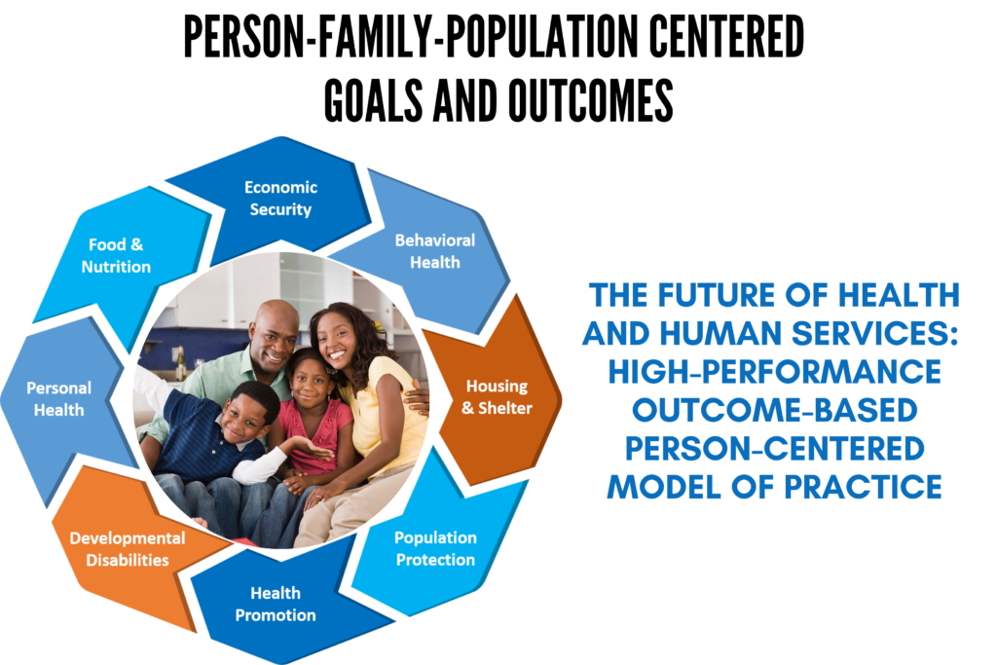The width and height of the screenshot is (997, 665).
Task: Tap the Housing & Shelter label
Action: pyautogui.click(x=498, y=396)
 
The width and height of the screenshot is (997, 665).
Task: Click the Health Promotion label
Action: pyautogui.click(x=276, y=604)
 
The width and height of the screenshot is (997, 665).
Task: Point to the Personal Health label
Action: pyautogui.click(x=59, y=398)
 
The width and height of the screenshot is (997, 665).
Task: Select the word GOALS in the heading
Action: pyautogui.click(x=373, y=100)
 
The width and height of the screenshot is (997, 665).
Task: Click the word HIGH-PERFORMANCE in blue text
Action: pyautogui.click(x=774, y=372)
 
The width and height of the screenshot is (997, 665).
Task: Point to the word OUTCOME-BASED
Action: pyautogui.click(x=774, y=410)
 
